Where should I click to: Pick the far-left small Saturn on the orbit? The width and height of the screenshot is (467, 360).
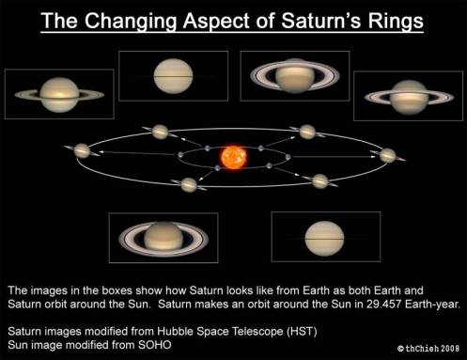coord(83,150)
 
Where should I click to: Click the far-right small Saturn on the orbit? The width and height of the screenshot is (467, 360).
coord(388,152)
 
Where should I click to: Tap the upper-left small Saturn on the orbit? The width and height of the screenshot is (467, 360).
coord(159,131)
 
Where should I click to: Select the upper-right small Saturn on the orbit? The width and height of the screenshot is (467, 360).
coord(307,132)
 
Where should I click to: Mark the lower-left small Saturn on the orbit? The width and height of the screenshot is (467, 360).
coord(189,184)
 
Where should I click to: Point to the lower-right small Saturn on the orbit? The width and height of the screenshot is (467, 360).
coord(321,180)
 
